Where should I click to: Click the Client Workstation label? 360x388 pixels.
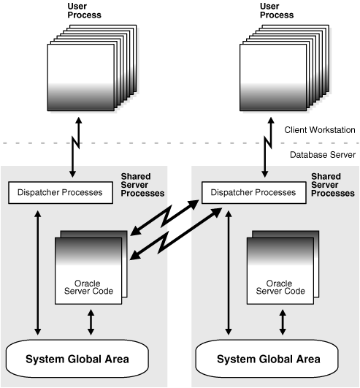tap(319, 129)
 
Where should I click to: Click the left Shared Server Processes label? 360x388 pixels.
tap(142, 184)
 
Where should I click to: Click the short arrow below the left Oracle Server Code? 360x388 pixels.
tap(91, 322)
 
